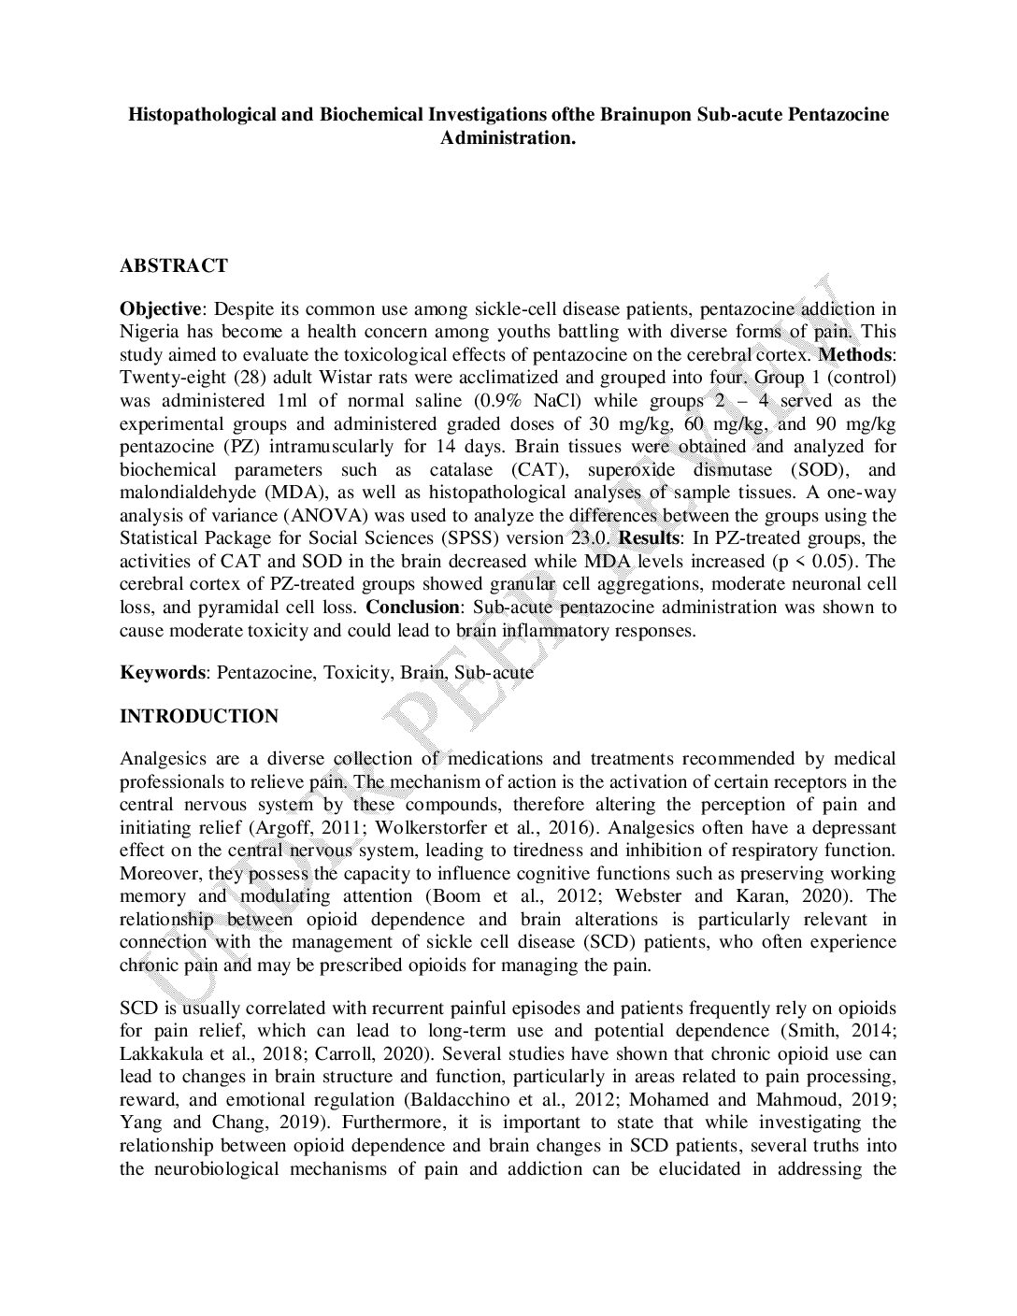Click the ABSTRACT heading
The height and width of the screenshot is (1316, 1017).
[x=173, y=266]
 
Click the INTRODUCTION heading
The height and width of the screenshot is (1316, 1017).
[x=199, y=717]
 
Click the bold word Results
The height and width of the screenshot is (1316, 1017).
[x=652, y=538]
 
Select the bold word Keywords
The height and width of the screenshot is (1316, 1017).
[x=162, y=673]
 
